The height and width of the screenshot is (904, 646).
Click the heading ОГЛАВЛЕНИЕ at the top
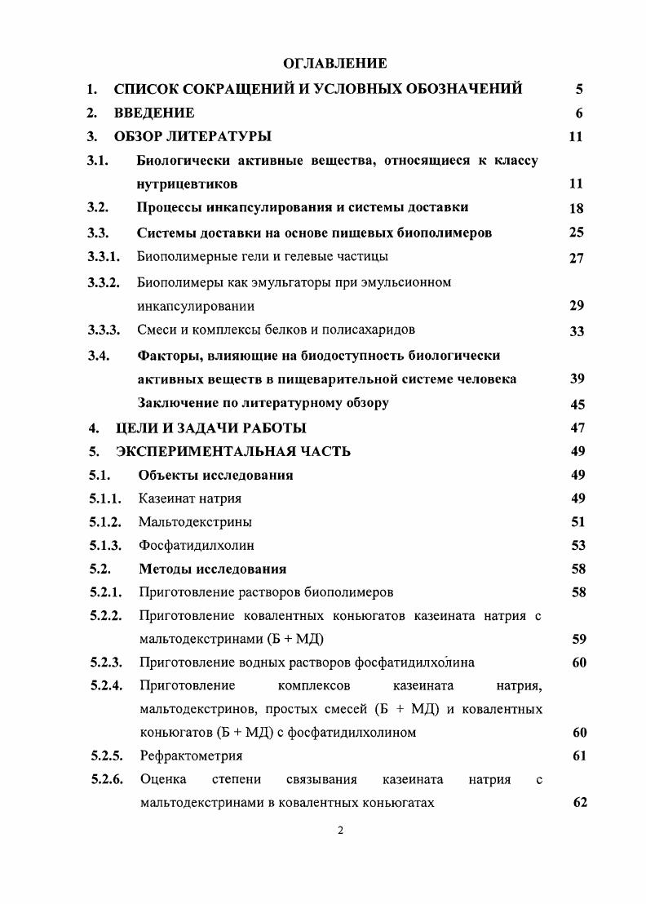(334, 63)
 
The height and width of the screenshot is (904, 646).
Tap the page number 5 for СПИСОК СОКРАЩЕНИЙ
(578, 89)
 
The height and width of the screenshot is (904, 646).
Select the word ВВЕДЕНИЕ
(154, 113)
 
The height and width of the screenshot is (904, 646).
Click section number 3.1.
(98, 160)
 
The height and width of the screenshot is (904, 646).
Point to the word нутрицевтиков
(188, 184)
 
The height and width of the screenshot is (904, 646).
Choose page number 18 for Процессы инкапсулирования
(577, 208)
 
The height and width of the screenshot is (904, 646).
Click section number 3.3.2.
(104, 282)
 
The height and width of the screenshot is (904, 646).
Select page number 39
(577, 379)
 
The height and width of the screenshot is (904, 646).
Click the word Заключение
(177, 402)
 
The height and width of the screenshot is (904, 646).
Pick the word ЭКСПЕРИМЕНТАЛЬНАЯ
(202, 451)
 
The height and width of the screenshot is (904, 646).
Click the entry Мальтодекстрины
(195, 521)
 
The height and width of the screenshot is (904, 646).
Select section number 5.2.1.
(105, 592)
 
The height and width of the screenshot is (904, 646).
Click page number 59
(579, 640)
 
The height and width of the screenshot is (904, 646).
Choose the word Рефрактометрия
(191, 756)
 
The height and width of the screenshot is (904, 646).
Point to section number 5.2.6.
(105, 779)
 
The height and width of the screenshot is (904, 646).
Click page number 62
(580, 803)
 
